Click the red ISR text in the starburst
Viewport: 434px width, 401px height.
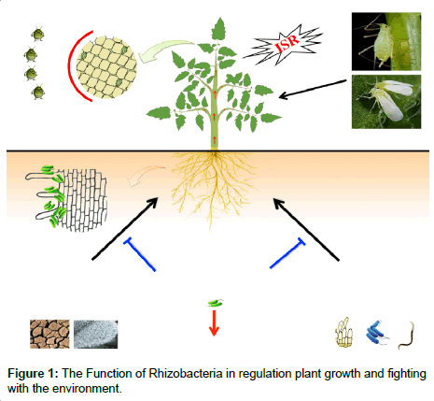coord(287,42)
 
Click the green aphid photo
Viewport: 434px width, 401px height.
coord(386,41)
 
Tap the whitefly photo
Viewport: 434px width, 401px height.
coord(386,102)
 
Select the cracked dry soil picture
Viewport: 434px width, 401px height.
coord(49,334)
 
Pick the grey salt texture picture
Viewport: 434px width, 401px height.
coord(96,334)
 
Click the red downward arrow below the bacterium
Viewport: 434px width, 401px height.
coord(214,322)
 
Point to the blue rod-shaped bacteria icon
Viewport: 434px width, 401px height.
coord(377,332)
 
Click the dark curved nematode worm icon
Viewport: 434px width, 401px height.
coord(408,336)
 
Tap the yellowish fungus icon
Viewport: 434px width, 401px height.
coord(344,333)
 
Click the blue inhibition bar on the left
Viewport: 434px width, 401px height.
coord(139,254)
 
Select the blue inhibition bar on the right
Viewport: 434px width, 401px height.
coord(287,252)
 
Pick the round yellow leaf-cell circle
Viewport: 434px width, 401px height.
coord(106,67)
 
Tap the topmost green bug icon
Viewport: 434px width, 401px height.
coord(38,34)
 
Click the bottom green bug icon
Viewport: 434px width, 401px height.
coord(38,92)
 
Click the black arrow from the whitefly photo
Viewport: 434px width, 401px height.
coord(313,89)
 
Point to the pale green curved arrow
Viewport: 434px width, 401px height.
coord(165,50)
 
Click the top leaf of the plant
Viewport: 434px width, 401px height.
coord(218,29)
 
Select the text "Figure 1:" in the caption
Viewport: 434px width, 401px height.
coord(33,374)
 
